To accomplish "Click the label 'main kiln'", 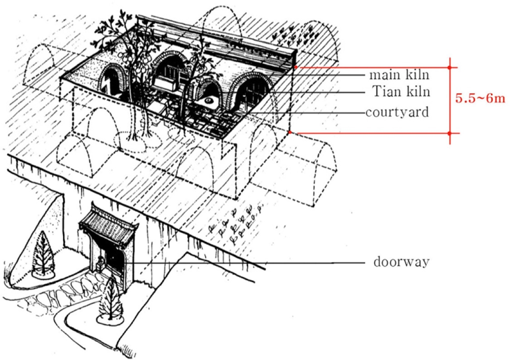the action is click(399, 75).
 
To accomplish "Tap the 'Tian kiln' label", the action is click(401, 92).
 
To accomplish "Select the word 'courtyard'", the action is click(397, 112).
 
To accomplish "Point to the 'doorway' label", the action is click(401, 262).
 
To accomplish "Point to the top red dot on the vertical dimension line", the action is click(449, 68).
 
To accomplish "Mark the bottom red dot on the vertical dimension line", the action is click(449, 133).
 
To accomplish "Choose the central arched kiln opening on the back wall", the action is click(169, 68).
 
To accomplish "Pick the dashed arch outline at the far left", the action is click(41, 65).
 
